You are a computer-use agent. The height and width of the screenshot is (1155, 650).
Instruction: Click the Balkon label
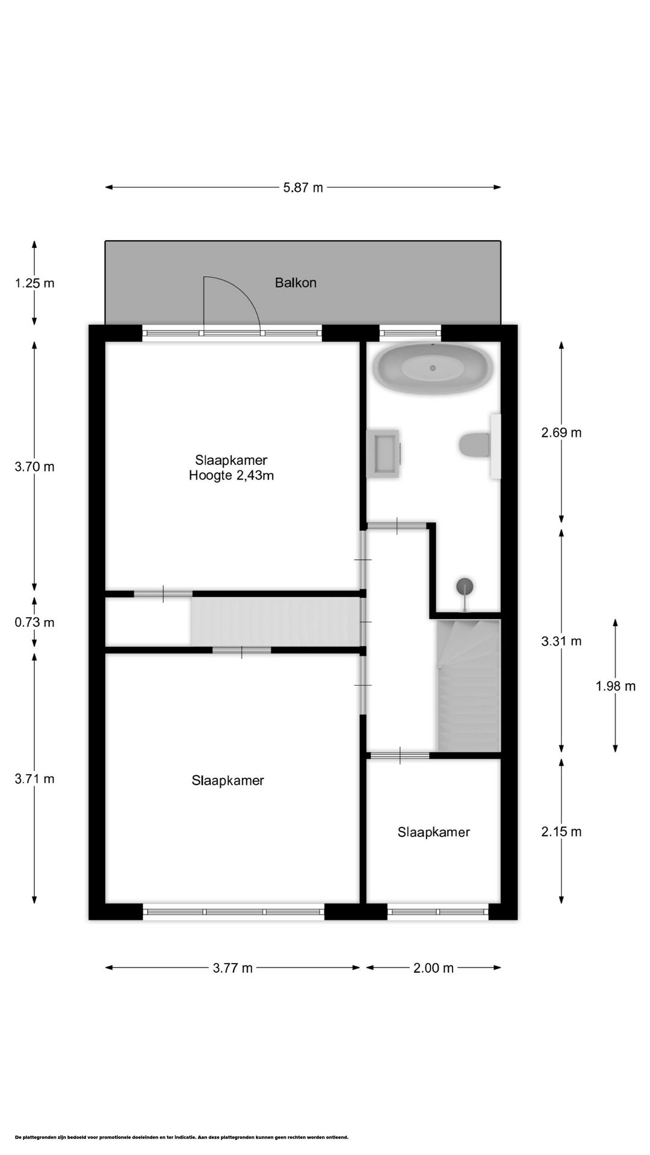[296, 282]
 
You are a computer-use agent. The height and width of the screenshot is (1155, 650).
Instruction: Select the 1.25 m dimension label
[34, 283]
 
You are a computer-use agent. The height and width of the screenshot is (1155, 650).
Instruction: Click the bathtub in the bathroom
[433, 368]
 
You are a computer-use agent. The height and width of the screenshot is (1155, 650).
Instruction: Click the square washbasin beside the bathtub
[383, 453]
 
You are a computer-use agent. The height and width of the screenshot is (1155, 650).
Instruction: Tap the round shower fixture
[465, 585]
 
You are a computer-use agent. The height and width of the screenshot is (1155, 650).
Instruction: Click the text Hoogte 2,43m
[231, 476]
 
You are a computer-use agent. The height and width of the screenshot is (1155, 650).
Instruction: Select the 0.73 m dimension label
[34, 622]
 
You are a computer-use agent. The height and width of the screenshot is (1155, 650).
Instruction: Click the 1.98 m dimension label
[615, 686]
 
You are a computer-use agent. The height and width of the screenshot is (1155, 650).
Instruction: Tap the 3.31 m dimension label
[561, 641]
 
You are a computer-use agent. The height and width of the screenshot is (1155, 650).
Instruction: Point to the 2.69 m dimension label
[561, 433]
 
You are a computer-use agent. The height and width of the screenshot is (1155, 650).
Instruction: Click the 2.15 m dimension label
[561, 832]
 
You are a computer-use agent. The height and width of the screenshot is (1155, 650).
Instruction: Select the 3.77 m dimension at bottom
[232, 968]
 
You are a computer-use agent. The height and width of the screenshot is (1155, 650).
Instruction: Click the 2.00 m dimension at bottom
[433, 968]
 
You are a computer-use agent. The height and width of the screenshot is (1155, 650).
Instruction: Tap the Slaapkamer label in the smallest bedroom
[433, 832]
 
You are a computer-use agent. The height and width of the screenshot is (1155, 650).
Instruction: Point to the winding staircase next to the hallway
[468, 686]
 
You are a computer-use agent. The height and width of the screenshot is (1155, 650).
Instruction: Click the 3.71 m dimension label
[34, 779]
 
